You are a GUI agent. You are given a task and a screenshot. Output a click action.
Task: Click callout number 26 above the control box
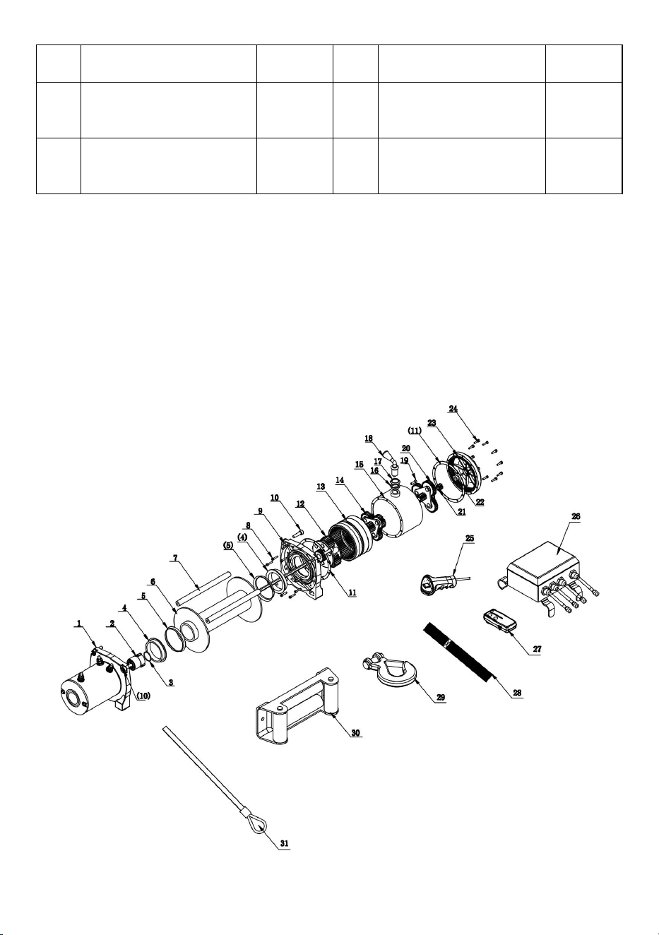[576, 516]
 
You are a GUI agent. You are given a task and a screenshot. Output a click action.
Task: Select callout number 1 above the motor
[78, 623]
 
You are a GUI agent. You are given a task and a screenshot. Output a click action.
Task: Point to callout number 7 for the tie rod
[175, 558]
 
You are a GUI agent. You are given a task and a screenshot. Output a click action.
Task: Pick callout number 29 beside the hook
[441, 698]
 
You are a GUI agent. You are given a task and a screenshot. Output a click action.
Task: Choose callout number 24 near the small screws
[453, 409]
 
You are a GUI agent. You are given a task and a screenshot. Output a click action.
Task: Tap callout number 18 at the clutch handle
[369, 439]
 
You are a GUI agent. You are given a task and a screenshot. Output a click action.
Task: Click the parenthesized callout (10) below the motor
[143, 696]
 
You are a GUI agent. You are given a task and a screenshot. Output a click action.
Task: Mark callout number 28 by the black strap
[517, 693]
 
